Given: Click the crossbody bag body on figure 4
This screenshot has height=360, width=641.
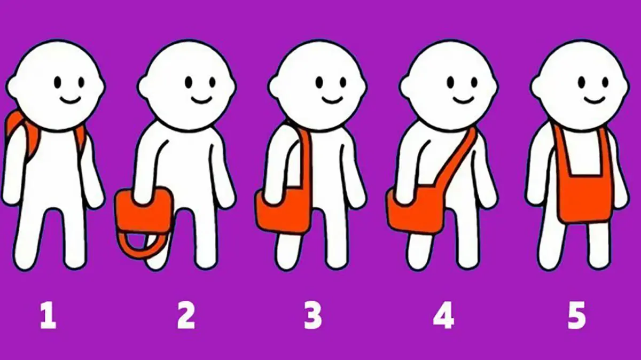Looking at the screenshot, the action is click(416, 210).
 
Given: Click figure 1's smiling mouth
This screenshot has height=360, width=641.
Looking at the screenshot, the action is click(70, 99).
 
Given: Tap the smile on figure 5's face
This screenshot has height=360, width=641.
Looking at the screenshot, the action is click(595, 99).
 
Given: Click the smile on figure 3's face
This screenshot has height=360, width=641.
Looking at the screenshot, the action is click(332, 99).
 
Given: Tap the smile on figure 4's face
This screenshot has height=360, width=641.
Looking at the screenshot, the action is click(464, 99).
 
